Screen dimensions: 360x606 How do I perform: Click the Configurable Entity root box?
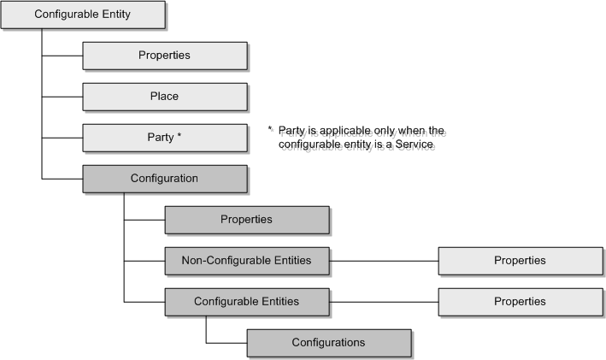coord(82,15)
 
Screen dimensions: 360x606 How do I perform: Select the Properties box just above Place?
coord(164,56)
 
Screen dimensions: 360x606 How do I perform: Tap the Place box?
coord(164,97)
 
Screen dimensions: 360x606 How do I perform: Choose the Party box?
coord(164,137)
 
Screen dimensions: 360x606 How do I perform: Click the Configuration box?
coord(164,178)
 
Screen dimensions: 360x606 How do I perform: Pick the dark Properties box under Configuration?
coord(246,220)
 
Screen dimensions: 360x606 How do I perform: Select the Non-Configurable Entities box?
coord(246,260)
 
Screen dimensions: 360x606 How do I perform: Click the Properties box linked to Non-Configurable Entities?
coord(520,260)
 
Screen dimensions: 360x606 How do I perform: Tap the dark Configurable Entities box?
coord(246,301)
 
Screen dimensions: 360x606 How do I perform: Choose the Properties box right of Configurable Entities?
coord(520,301)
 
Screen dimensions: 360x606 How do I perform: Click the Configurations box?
coord(328,342)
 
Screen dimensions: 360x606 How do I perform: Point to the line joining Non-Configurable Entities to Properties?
coord(383,260)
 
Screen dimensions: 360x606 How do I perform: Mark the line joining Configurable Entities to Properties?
coord(383,301)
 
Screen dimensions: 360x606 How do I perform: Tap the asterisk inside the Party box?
coord(179,136)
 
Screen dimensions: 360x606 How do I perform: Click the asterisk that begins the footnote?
coord(270,130)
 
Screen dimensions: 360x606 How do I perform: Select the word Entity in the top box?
coord(113,15)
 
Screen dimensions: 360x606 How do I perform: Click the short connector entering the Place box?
coord(62,97)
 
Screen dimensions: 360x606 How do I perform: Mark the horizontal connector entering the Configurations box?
coord(227,342)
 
